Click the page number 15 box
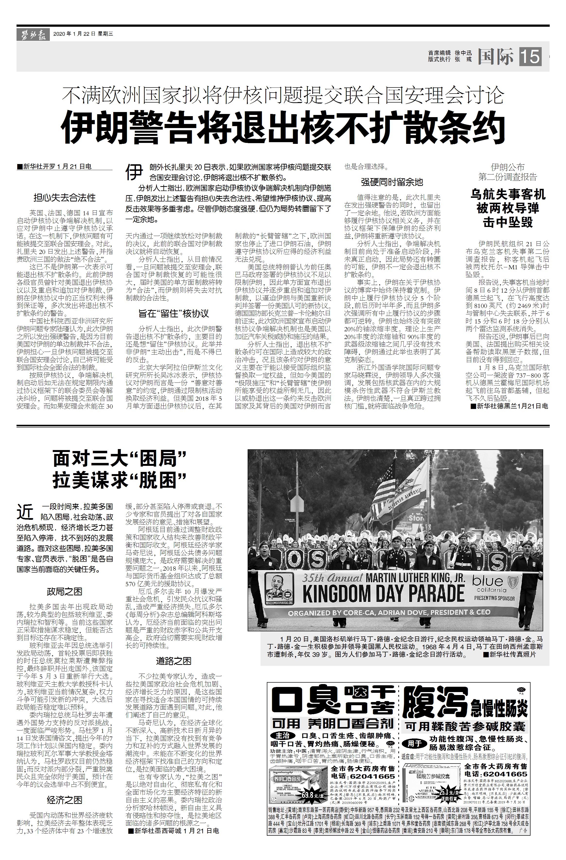point(530,57)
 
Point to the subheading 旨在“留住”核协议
point(174,313)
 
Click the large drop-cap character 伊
point(134,172)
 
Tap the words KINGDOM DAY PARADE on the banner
point(383,593)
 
